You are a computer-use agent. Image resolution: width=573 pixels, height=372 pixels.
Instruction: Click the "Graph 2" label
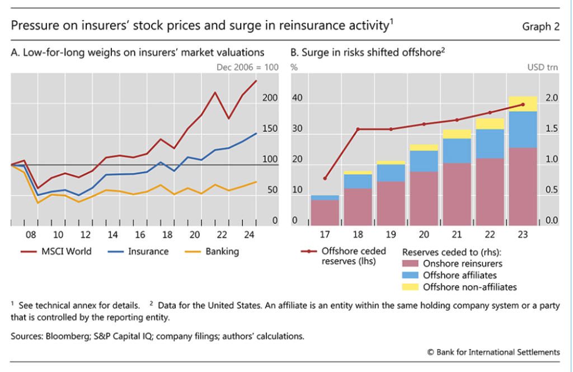pos(541,26)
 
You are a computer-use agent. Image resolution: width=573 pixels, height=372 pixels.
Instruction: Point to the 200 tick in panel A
pos(270,98)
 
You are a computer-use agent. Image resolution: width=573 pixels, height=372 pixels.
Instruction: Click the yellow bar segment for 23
pos(523,104)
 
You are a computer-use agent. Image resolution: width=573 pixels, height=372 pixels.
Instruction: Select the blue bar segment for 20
pos(424,161)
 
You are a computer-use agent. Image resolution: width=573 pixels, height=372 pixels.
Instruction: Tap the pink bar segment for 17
pos(325,212)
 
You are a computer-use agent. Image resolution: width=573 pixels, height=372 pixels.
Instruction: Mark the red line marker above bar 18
pos(358,129)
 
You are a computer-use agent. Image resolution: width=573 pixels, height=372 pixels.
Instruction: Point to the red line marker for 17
pos(325,178)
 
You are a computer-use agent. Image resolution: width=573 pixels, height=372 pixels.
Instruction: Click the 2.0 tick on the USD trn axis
pos(552,98)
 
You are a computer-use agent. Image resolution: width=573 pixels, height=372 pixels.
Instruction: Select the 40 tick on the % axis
pos(297,98)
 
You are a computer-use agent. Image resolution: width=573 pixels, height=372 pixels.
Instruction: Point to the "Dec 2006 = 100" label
pos(247,68)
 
